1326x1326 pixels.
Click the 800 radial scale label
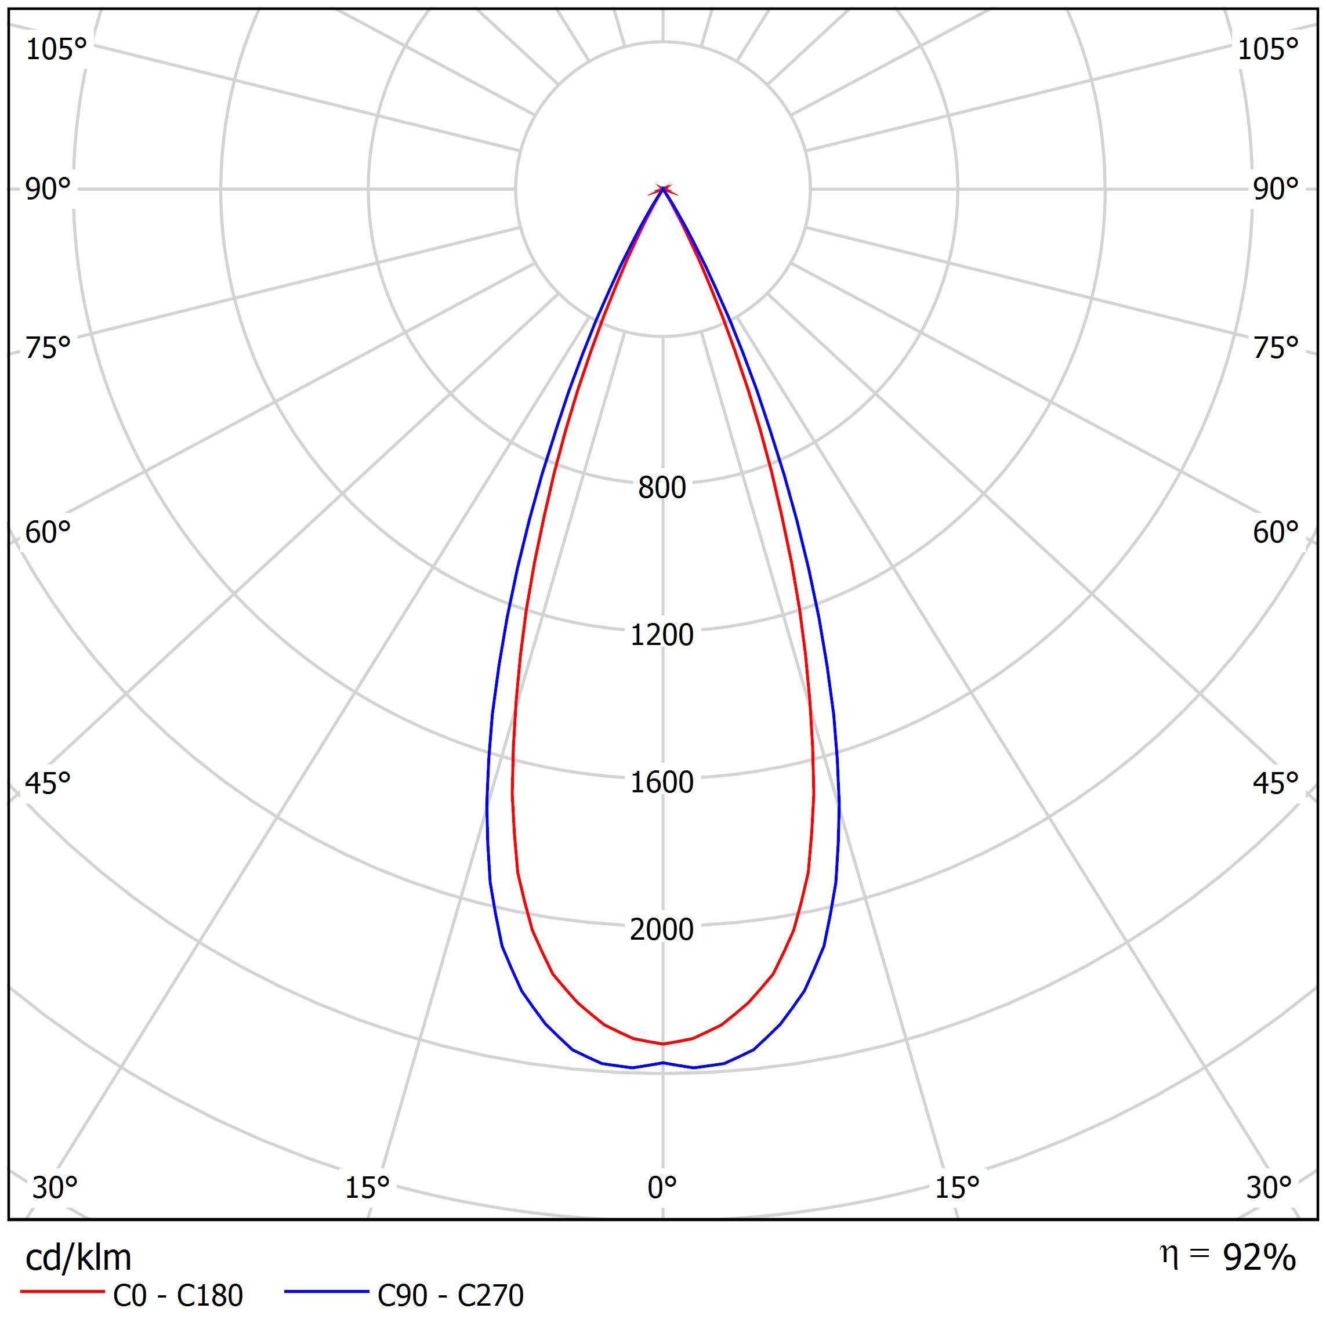tap(662, 488)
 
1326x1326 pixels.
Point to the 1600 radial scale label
tap(662, 782)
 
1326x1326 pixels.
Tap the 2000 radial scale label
tap(662, 929)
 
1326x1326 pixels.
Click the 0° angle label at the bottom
tap(662, 1187)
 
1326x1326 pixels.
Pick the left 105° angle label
tap(56, 49)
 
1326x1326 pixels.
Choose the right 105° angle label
tap(1267, 49)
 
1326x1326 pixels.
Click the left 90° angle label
tap(48, 190)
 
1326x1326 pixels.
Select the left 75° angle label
tap(48, 349)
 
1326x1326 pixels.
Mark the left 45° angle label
tap(48, 783)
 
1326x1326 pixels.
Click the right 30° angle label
tap(1269, 1187)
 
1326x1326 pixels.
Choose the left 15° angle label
tap(367, 1187)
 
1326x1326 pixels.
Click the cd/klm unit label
tap(78, 1258)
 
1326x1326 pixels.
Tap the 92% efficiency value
tap(1259, 1258)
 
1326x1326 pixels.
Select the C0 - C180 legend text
tap(177, 1296)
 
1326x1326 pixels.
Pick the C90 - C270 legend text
tap(450, 1296)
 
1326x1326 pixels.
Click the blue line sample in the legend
tap(327, 1292)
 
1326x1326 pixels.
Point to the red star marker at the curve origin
tap(662, 190)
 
